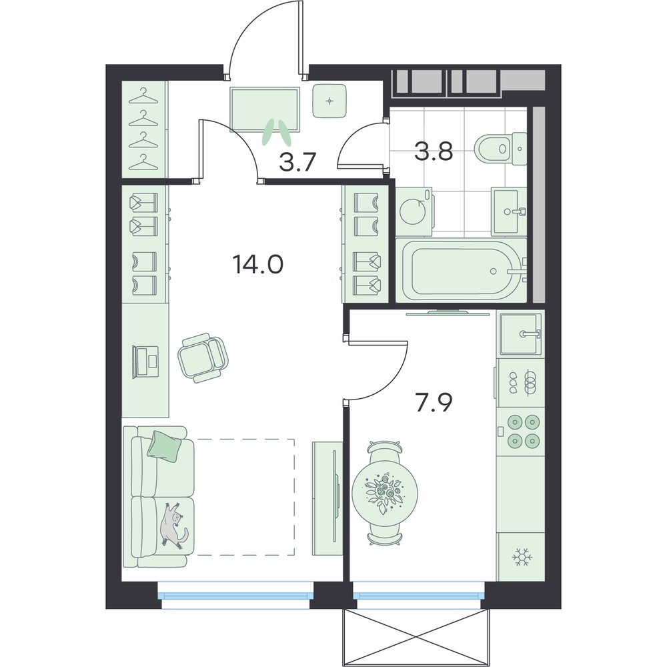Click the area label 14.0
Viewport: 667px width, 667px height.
257,265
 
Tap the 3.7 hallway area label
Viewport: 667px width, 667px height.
297,162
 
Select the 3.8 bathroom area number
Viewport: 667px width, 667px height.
434,152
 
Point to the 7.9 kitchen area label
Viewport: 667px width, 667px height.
433,404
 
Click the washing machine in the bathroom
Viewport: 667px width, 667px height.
414,211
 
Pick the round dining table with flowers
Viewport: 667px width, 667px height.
385,493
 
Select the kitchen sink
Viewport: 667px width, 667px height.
521,334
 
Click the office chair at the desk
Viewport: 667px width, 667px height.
203,358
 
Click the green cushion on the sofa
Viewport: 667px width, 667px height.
165,445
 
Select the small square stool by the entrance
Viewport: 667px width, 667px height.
329,101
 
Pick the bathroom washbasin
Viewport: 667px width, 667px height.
508,211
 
